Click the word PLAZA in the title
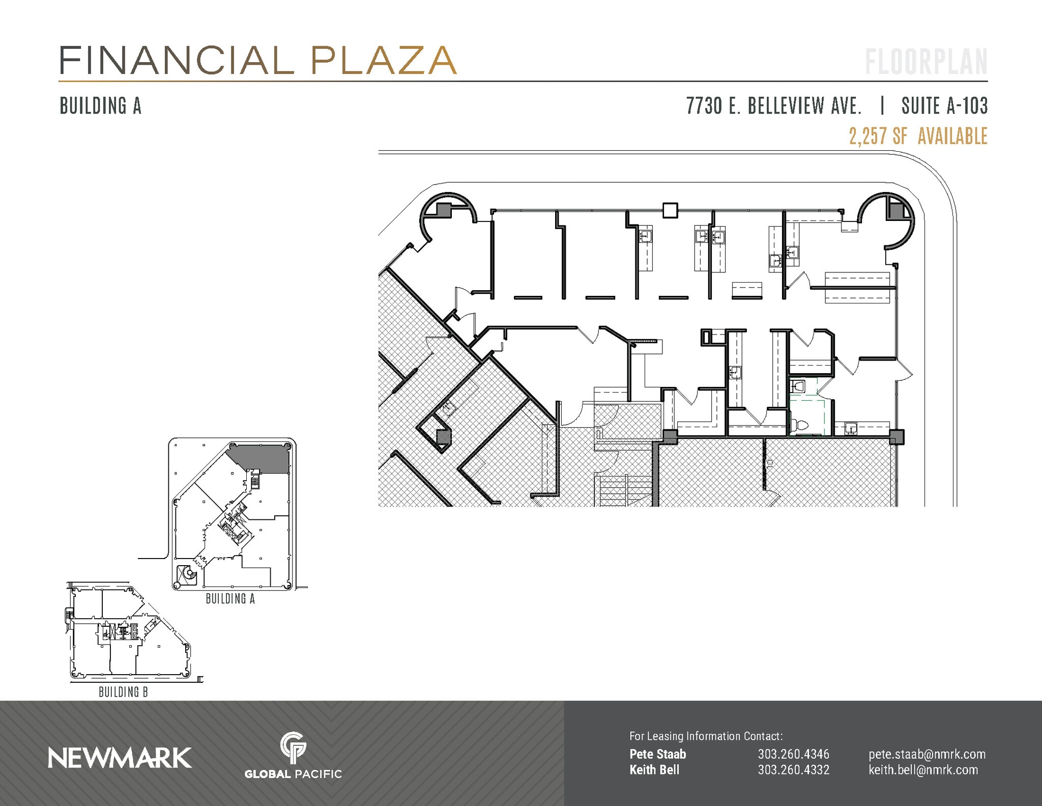[x=384, y=61]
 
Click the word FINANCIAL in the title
[x=176, y=61]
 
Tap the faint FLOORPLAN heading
[x=926, y=62]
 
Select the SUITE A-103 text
[x=944, y=106]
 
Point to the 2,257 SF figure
[x=878, y=136]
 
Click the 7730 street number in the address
[x=704, y=106]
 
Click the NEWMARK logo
[x=120, y=758]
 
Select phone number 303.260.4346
[x=793, y=754]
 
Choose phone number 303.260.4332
[x=793, y=769]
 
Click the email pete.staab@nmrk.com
[x=927, y=754]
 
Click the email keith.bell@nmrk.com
[x=923, y=769]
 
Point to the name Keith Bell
[x=654, y=769]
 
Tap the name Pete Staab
[x=657, y=754]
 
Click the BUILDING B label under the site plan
[x=123, y=692]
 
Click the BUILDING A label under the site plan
[x=230, y=599]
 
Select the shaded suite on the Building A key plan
[x=262, y=458]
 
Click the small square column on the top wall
[x=670, y=210]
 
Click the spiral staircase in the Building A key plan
[x=189, y=575]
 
